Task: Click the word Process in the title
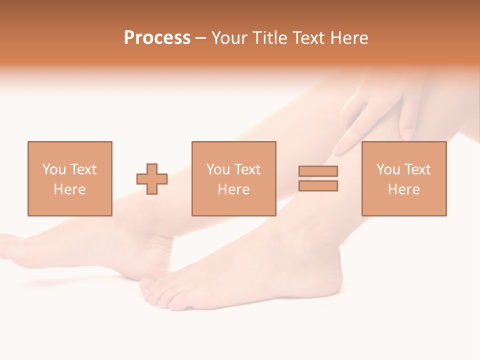[x=157, y=38]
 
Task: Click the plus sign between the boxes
[x=152, y=179]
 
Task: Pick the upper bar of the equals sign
[x=318, y=171]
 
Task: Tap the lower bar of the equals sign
[x=318, y=186]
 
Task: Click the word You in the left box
[x=54, y=169]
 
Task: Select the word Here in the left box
[x=69, y=189]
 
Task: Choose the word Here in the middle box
[x=233, y=189]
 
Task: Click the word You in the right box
[x=388, y=169]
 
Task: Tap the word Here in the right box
[x=403, y=189]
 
